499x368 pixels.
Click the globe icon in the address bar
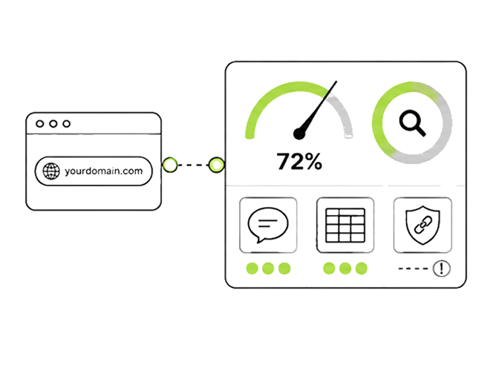(51, 171)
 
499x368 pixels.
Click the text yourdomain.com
(104, 171)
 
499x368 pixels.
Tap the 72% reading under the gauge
(299, 161)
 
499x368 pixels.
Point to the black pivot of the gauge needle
(299, 134)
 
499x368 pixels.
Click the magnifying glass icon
(412, 123)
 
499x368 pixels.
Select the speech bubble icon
(268, 225)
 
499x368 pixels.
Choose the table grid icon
(345, 226)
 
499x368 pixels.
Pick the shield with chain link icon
(423, 225)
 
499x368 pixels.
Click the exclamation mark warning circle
(442, 269)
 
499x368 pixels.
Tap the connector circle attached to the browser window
(169, 165)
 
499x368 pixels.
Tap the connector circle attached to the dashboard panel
(216, 165)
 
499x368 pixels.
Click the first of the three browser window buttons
(40, 124)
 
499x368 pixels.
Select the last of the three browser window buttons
(66, 124)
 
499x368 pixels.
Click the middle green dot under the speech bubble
(268, 269)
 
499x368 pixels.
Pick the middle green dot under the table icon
(345, 269)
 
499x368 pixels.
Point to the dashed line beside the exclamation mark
(413, 269)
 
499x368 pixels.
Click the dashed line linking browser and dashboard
(193, 165)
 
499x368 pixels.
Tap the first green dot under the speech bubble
(252, 269)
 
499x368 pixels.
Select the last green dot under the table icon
(361, 269)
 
